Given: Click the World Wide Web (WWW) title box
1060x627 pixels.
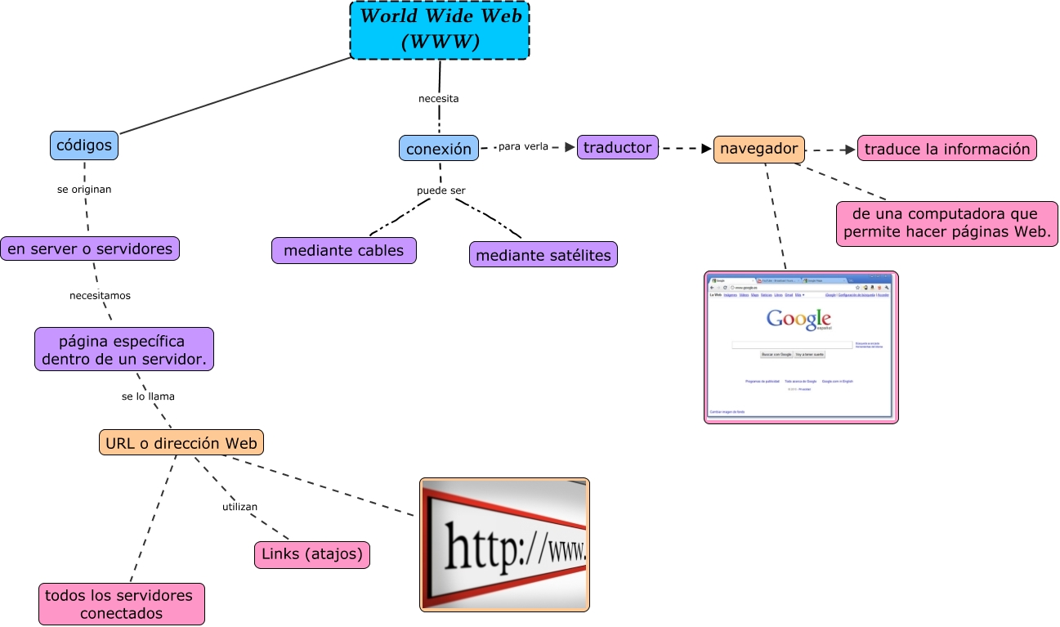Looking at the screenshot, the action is [440, 30].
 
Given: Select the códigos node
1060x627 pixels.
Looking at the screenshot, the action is [84, 146].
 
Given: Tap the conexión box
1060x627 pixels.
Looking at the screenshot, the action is [439, 149].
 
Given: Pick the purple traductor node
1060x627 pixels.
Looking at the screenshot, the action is [617, 148].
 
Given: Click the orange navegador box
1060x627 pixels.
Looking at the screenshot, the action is [758, 149].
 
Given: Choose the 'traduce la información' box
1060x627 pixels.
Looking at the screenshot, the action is [946, 149].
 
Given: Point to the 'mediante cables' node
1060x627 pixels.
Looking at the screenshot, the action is [343, 251].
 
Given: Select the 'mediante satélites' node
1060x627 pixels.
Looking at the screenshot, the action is [543, 255].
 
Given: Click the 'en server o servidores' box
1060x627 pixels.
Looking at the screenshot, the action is [90, 249].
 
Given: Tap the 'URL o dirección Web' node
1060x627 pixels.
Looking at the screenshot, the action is [181, 443].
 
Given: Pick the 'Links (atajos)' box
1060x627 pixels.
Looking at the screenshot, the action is [312, 555].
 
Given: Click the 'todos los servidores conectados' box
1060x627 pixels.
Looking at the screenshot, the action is [121, 604].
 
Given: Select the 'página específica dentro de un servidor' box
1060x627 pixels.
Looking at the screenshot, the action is [123, 350].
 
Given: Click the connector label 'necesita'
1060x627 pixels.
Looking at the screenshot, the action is [439, 99].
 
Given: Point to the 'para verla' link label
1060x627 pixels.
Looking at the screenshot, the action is [523, 147].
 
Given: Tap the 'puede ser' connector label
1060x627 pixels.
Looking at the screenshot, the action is [441, 190].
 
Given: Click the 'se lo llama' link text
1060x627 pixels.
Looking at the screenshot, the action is [148, 396].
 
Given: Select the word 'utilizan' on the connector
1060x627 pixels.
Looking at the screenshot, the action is [239, 507].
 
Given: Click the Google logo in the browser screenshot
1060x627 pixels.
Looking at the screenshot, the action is [798, 320].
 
